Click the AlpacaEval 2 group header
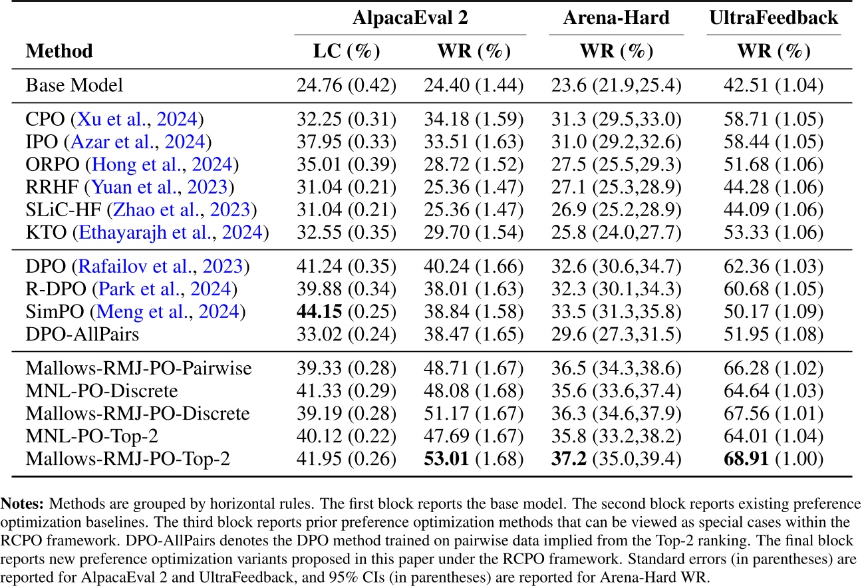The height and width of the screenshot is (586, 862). pyautogui.click(x=410, y=18)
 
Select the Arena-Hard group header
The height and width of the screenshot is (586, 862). pyautogui.click(x=616, y=18)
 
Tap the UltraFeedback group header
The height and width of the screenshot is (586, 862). pyautogui.click(x=774, y=18)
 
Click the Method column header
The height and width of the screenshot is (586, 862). pyautogui.click(x=59, y=51)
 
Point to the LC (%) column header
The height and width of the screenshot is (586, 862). pyautogui.click(x=346, y=51)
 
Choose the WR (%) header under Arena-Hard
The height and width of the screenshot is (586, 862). pyautogui.click(x=616, y=51)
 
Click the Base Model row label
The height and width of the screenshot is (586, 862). pyautogui.click(x=74, y=85)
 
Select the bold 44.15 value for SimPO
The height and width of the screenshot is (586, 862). pyautogui.click(x=317, y=311)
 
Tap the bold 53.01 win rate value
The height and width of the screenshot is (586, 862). pyautogui.click(x=445, y=458)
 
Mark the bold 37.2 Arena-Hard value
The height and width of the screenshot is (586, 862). pyautogui.click(x=570, y=458)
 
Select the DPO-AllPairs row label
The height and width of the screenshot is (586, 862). pyautogui.click(x=82, y=333)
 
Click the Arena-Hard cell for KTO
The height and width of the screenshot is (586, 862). pyautogui.click(x=616, y=232)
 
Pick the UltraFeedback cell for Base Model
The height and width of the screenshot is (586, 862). pyautogui.click(x=774, y=85)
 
